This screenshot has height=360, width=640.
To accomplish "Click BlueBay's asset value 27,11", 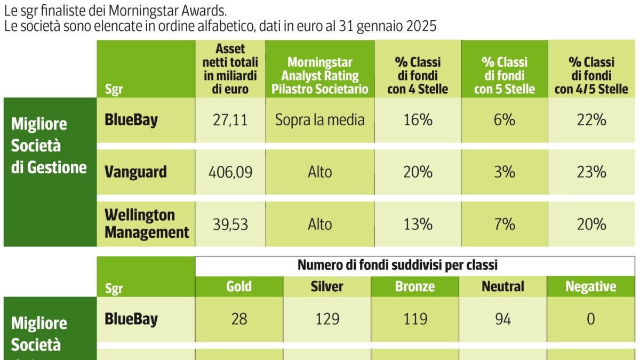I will click(230, 120).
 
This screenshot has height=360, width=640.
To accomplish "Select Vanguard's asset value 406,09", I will click(230, 172).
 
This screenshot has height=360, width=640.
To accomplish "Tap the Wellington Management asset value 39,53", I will click(230, 224).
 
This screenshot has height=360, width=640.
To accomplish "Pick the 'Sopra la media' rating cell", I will click(319, 120).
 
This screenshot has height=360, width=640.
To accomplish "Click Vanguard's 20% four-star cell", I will click(418, 172).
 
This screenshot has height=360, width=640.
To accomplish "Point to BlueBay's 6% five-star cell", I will click(504, 120).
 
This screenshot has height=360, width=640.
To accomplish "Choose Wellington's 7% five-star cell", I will click(504, 224).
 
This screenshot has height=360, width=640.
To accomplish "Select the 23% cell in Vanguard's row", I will click(591, 172).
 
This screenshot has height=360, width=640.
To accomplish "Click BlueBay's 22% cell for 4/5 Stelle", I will click(591, 120).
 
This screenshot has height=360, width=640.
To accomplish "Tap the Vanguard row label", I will click(135, 172).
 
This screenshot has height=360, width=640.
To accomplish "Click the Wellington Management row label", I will click(147, 224).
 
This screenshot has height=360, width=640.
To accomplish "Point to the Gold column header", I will click(239, 287).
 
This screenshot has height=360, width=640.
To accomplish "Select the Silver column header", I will click(327, 287).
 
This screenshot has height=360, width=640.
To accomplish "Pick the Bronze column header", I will click(415, 287).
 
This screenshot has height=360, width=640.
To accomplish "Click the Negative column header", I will click(591, 287).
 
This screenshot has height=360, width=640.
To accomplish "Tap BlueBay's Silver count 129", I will click(327, 319).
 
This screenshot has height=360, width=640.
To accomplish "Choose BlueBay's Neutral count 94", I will click(503, 319).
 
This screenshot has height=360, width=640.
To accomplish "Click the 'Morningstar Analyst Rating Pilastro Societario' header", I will click(319, 76).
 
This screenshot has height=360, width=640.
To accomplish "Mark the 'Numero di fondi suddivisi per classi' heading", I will click(397, 265).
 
